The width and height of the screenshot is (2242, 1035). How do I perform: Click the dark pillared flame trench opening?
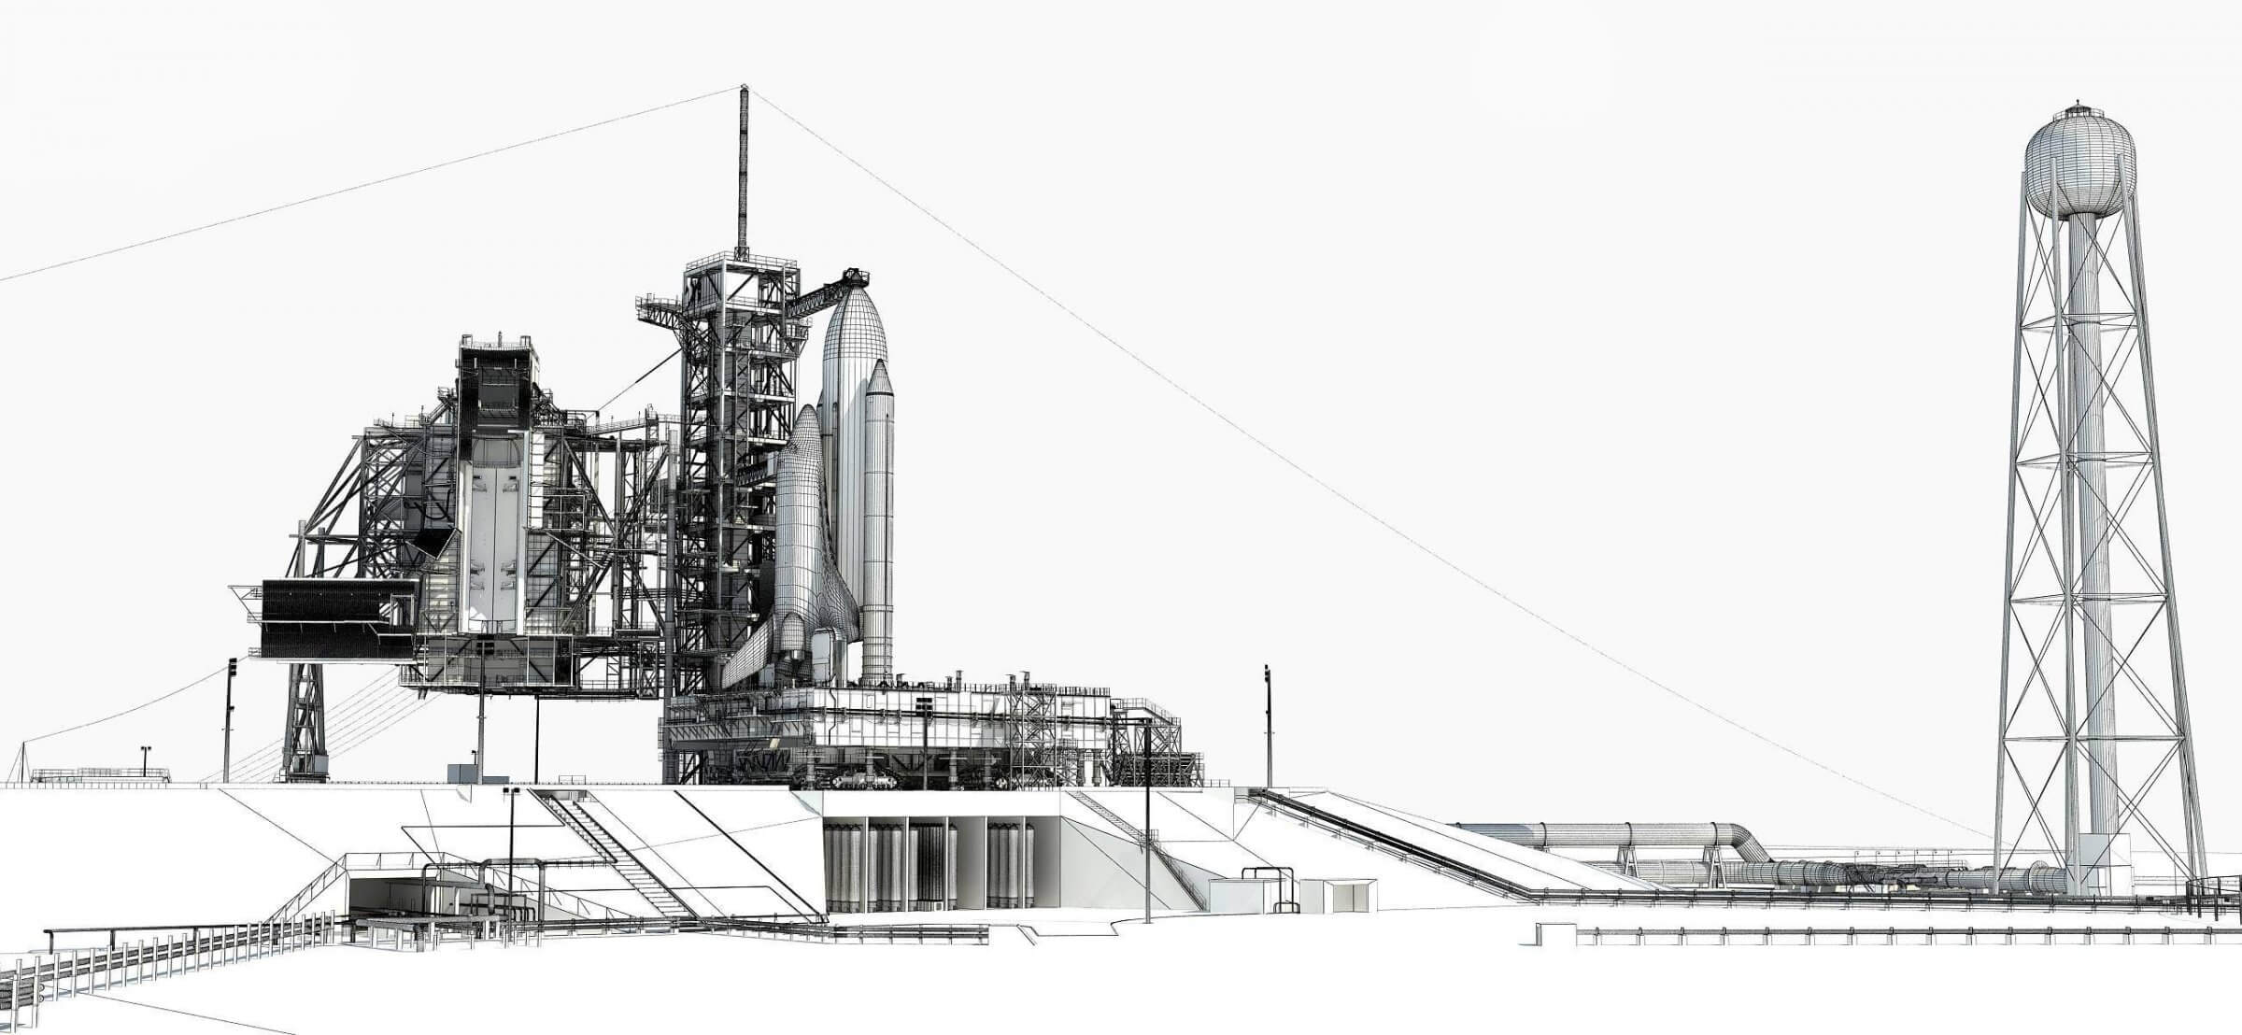point(929,864)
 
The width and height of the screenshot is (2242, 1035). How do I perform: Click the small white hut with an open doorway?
point(1341,894)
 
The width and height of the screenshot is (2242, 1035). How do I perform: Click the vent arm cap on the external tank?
point(855,276)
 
